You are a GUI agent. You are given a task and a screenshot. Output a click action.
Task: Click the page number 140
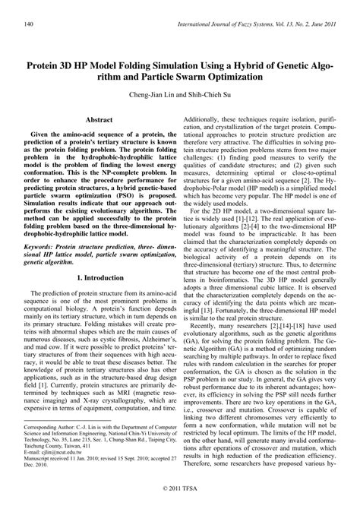(29, 24)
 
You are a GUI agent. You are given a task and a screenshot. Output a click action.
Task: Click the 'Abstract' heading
(99, 121)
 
